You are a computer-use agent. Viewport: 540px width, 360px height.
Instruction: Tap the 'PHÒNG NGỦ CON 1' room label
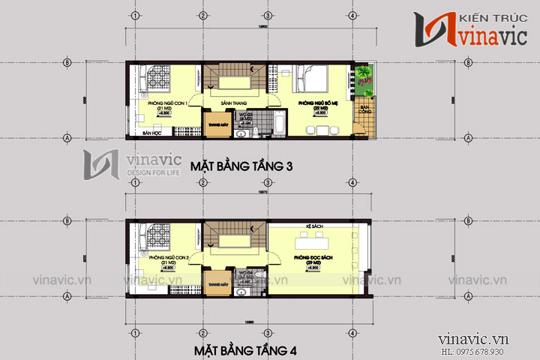[167, 102]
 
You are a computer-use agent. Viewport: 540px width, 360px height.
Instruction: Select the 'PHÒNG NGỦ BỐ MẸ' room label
[317, 102]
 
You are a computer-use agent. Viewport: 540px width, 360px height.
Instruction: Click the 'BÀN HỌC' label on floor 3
[152, 132]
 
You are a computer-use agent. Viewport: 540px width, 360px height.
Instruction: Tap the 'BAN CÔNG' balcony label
[364, 112]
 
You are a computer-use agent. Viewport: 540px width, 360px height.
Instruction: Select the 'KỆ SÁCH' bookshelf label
[313, 225]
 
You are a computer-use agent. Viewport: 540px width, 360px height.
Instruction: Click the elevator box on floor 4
[218, 285]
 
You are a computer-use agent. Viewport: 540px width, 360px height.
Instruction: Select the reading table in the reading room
[314, 244]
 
